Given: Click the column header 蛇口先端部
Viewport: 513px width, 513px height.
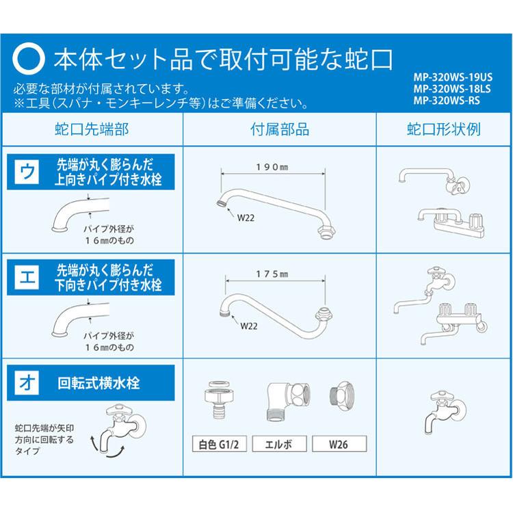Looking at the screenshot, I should tap(91, 129).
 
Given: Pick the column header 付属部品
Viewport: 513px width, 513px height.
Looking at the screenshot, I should tap(280, 129).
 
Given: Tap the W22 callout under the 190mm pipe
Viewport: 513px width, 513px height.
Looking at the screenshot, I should tap(246, 219).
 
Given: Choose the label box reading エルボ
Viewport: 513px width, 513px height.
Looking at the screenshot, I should tap(280, 444).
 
